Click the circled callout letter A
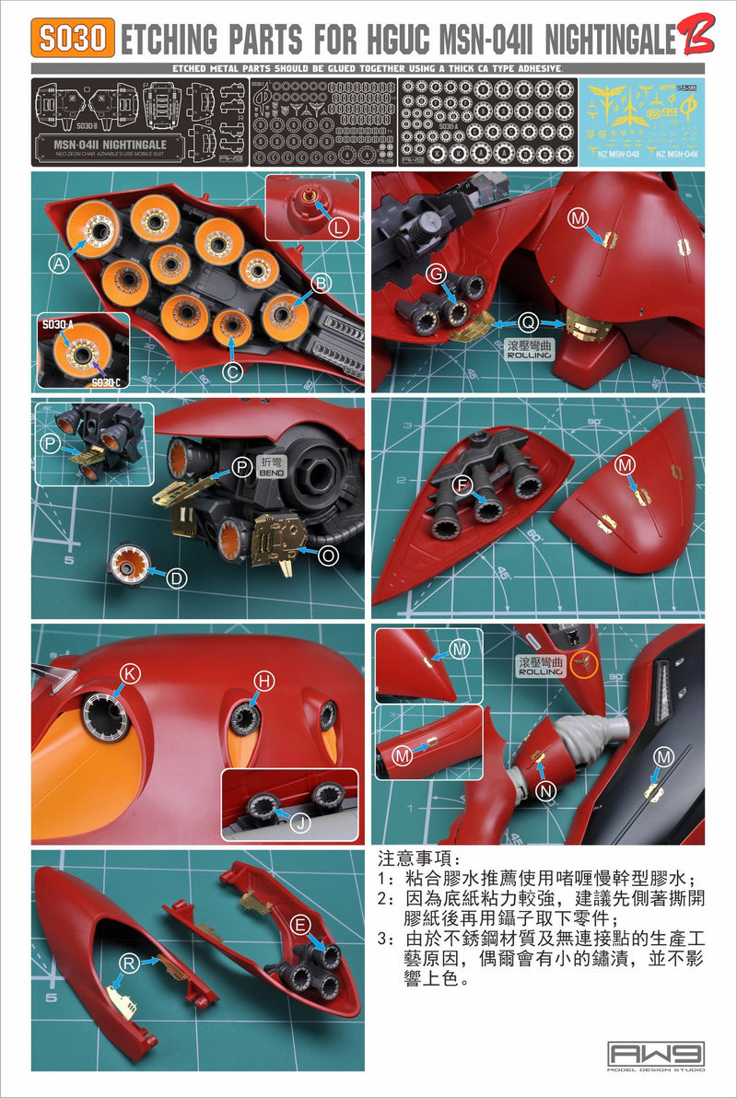(60, 264)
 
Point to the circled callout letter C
(233, 372)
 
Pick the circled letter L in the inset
(338, 225)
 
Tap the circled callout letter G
(438, 273)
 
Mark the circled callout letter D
(176, 578)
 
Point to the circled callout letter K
(131, 674)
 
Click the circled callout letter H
(264, 681)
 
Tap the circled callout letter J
(299, 823)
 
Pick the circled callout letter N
(547, 788)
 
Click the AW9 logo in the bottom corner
(655, 1056)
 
